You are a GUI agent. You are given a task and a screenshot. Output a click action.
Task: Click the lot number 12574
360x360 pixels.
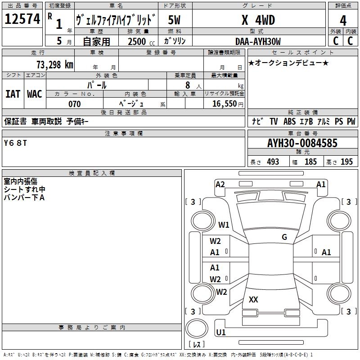[x=22, y=19]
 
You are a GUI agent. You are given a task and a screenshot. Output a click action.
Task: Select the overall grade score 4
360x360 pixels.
[x=343, y=20]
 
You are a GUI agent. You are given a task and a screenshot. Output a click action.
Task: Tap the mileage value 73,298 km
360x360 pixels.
[x=55, y=65]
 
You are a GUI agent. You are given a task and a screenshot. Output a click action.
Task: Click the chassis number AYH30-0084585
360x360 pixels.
[x=302, y=143]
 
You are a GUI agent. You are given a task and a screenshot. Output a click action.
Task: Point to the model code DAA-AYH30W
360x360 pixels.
[x=258, y=41]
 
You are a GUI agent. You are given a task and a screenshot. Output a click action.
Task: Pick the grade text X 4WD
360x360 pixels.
[x=258, y=20]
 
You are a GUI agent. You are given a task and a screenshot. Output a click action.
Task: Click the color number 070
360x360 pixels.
[x=75, y=104]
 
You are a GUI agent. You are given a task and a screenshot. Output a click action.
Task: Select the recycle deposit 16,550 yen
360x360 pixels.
[x=228, y=104]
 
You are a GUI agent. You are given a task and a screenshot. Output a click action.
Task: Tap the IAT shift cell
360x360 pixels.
[x=13, y=94]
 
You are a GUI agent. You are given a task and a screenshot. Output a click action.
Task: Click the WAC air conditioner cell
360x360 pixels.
[x=35, y=94]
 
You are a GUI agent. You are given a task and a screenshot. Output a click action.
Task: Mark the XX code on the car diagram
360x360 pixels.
[x=253, y=299]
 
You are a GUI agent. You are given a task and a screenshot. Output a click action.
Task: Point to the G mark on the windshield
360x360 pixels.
[x=284, y=237]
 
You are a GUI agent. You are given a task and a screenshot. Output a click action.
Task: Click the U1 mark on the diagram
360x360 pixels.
[x=221, y=332]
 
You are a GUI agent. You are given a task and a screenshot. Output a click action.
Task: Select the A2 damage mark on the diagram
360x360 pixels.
[x=220, y=184]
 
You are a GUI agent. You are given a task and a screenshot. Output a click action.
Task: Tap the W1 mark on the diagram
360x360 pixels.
[x=224, y=225]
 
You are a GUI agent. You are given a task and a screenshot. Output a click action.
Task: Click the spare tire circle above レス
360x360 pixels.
[x=197, y=328]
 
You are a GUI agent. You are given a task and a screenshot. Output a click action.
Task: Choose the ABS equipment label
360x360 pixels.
[x=289, y=121]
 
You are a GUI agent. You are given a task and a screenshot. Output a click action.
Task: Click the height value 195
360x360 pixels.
[x=346, y=162]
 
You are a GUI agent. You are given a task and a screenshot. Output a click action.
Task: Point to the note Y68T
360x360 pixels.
[x=15, y=143]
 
